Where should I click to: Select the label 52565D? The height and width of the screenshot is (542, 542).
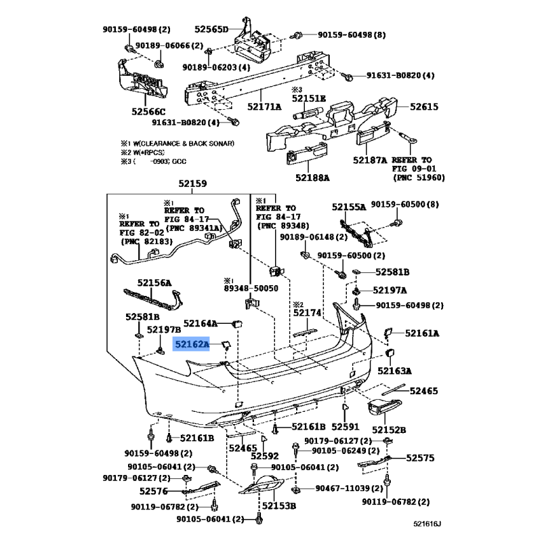(x=211, y=29)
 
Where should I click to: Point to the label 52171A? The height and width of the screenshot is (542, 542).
(x=264, y=106)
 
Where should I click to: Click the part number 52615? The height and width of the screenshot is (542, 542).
(x=424, y=106)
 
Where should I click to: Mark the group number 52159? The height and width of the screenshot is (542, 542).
(x=192, y=184)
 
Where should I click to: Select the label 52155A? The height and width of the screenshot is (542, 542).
(x=348, y=207)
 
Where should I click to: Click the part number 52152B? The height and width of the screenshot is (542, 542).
(x=388, y=430)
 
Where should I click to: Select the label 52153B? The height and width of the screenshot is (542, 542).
(x=278, y=505)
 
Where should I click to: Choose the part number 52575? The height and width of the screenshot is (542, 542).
(x=421, y=458)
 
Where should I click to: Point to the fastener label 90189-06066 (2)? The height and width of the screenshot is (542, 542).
(x=169, y=45)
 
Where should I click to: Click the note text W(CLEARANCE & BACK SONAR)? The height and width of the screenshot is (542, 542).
(x=182, y=143)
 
